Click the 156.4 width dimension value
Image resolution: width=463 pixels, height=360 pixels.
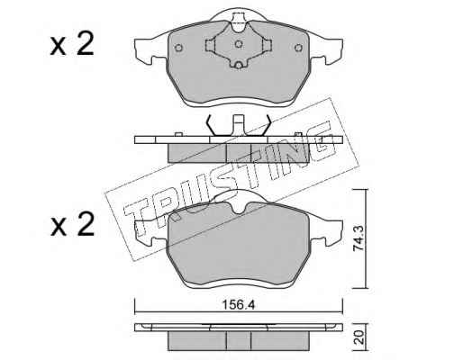click(x=238, y=305)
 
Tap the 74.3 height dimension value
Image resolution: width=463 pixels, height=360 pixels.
click(x=359, y=238)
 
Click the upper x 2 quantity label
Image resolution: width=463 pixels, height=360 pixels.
click(x=72, y=46)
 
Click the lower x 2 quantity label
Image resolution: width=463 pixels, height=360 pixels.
click(x=72, y=225)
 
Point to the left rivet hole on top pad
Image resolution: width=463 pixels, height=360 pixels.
click(x=178, y=48)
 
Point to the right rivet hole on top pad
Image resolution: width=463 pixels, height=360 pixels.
click(x=298, y=48)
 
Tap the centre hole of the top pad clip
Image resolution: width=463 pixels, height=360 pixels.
click(x=239, y=44)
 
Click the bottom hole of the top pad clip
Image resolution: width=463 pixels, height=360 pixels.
click(x=239, y=65)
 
